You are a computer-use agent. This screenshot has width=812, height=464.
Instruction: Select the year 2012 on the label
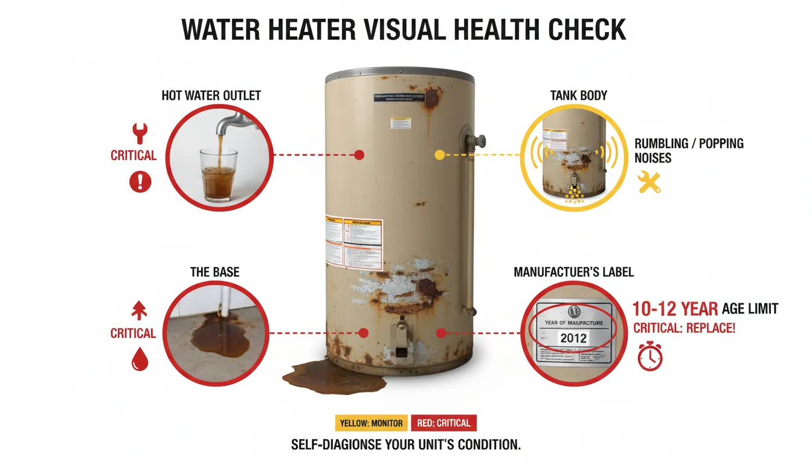pos(573,338)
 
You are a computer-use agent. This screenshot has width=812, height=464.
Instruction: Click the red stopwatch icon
pos(650,356)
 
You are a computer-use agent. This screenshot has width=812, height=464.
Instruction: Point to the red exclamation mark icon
pos(140,180)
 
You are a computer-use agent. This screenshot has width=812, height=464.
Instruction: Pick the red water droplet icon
pos(140,360)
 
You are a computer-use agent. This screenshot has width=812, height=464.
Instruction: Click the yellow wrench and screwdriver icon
pos(650,181)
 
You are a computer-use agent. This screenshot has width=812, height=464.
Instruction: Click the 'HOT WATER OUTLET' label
pos(211,95)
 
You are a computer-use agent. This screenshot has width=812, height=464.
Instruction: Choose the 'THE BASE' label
pos(214,272)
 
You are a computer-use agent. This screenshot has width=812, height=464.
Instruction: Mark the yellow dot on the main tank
pos(439,155)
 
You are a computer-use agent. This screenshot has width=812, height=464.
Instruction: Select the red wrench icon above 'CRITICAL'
pos(140,133)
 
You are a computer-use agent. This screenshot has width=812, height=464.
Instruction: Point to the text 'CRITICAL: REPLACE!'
pos(684,329)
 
